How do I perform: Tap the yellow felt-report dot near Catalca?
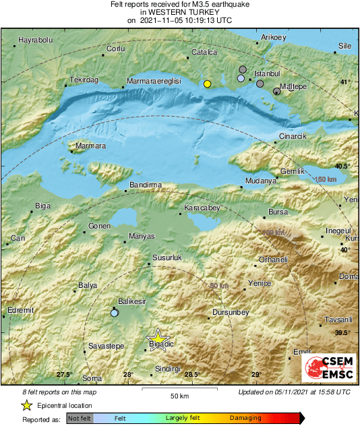(x=208, y=84)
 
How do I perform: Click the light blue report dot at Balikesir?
(x=115, y=313)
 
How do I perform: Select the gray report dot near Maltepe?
(x=276, y=92)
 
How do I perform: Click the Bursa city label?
(x=278, y=212)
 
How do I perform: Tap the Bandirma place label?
(x=146, y=185)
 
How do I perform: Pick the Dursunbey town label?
(x=231, y=313)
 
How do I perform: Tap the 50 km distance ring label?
(x=218, y=286)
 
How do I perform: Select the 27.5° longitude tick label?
(x=64, y=375)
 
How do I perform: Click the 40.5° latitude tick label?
(x=343, y=166)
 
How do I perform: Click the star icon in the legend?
(x=26, y=405)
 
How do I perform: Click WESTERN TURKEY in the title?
(x=179, y=12)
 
